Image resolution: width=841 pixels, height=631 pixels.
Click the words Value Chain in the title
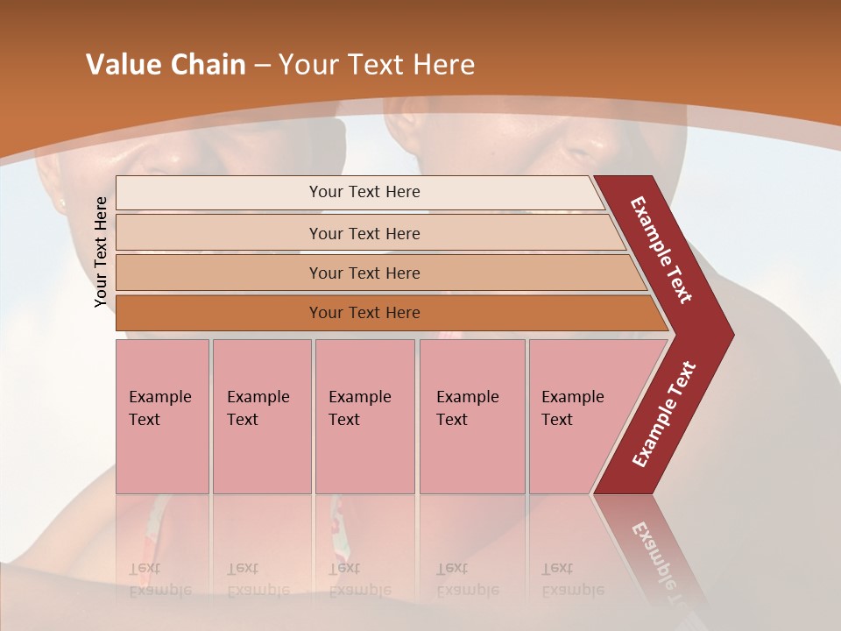click(166, 65)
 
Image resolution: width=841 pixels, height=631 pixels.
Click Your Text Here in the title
click(377, 65)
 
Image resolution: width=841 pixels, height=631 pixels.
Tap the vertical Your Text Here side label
click(101, 252)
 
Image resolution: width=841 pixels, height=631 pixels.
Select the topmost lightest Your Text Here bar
click(364, 192)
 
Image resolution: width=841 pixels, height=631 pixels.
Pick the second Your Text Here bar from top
click(364, 233)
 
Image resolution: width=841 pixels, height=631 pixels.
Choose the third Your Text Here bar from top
click(364, 273)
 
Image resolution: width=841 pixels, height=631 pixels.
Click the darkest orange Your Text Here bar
click(364, 313)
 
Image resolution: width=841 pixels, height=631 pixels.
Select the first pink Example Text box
click(162, 416)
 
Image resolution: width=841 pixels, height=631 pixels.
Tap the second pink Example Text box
click(261, 416)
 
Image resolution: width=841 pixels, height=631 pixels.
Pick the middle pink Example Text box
click(364, 416)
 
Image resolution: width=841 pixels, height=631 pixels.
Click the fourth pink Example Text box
click(471, 416)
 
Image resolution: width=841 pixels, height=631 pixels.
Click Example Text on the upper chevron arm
click(661, 250)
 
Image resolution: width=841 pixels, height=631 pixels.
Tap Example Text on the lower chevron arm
click(664, 414)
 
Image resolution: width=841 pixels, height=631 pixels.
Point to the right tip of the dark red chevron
click(731, 335)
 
